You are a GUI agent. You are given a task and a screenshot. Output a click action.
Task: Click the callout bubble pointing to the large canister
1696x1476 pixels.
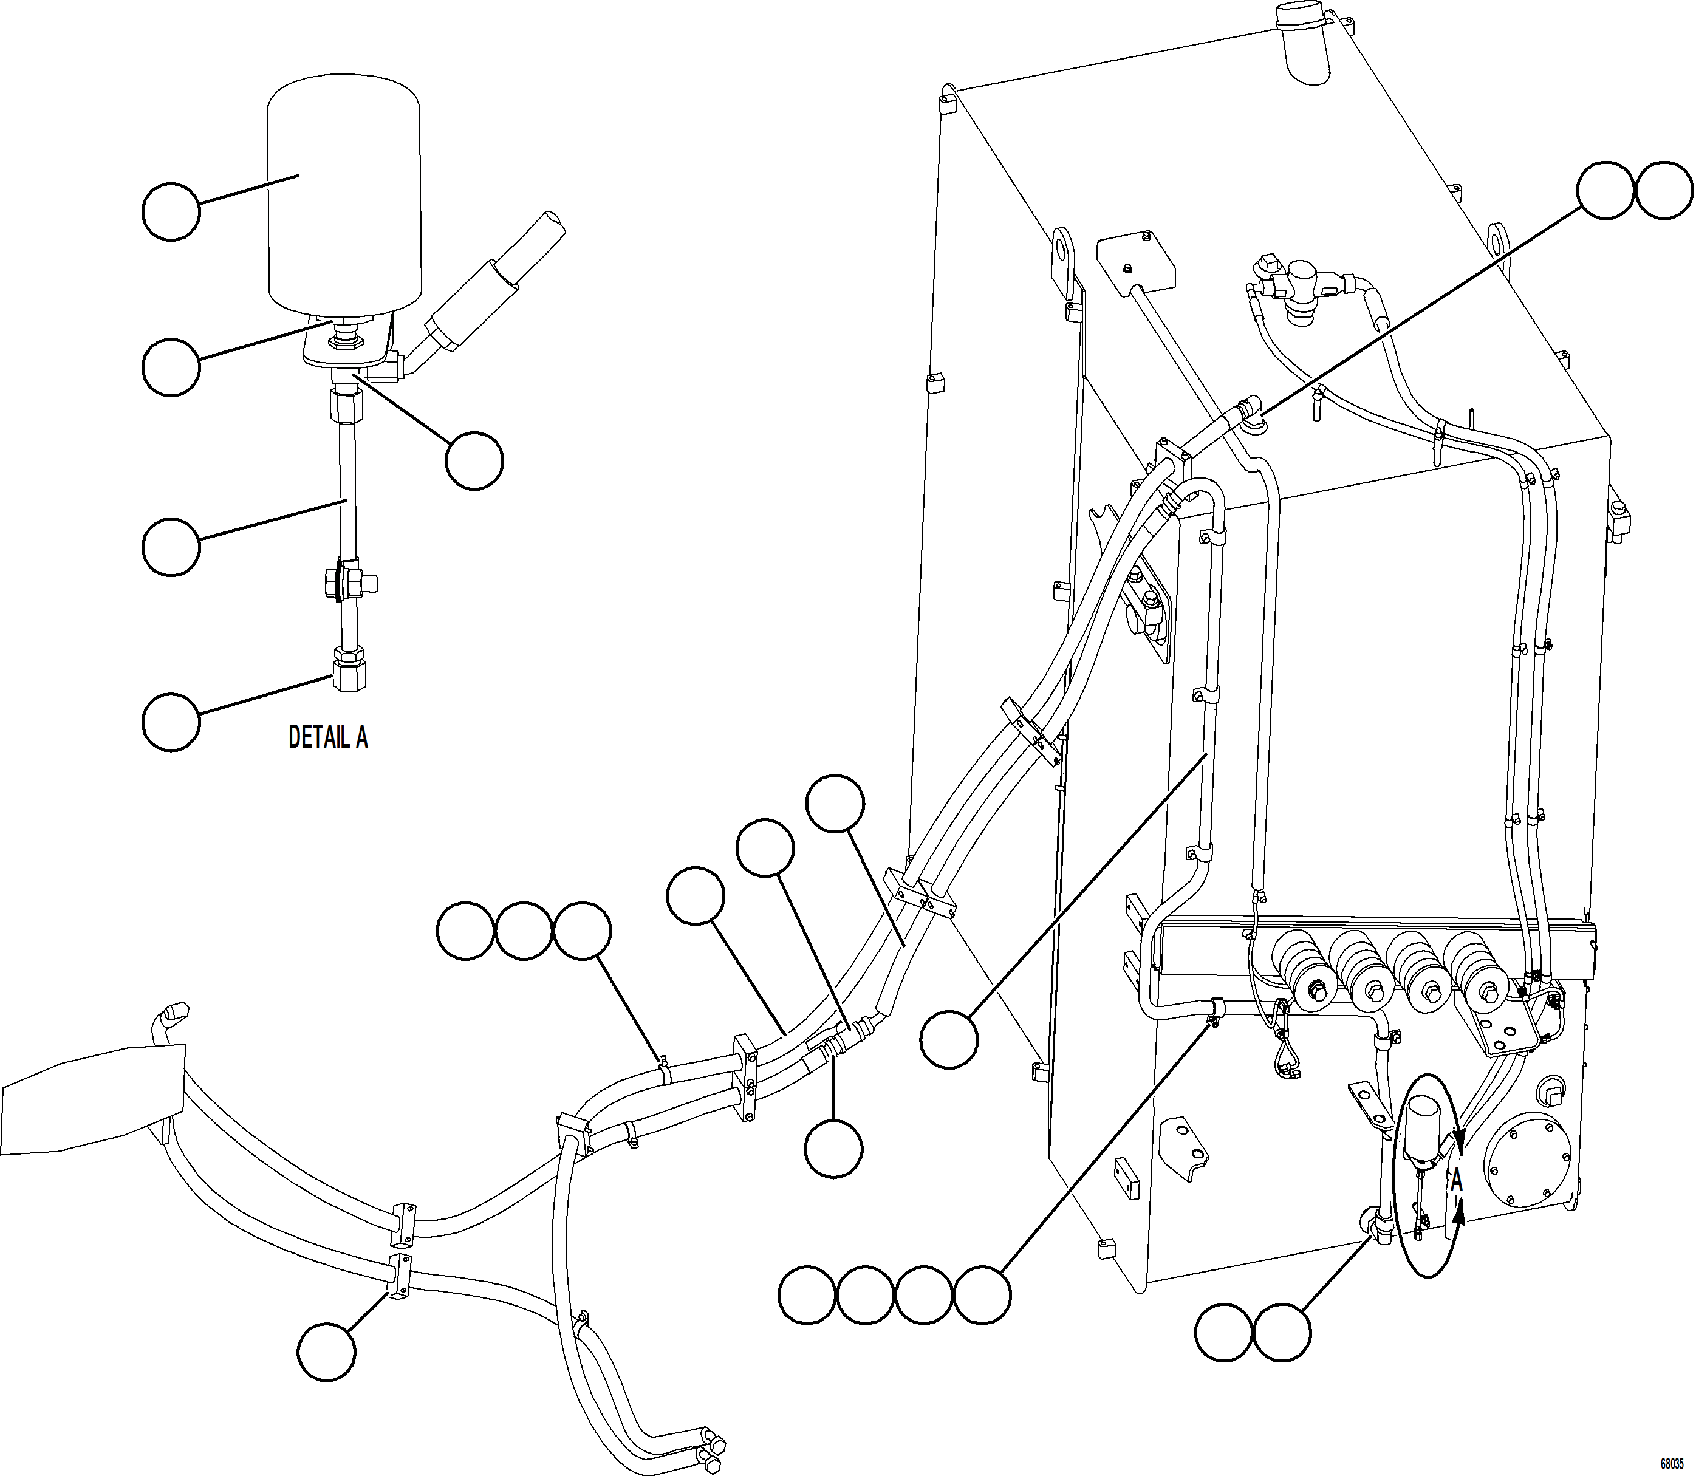(x=171, y=211)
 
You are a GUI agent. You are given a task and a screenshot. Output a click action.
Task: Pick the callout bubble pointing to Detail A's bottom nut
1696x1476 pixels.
(x=171, y=722)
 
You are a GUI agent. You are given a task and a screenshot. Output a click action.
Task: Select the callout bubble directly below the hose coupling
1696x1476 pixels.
(x=833, y=1148)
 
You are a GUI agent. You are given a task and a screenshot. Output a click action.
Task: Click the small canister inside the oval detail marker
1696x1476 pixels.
(x=1423, y=1124)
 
